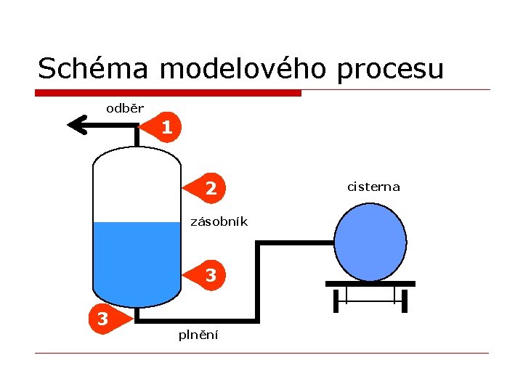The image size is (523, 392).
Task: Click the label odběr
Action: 125,109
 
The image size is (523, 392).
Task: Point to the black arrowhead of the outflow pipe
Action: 76,126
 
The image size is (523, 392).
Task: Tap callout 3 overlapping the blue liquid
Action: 209,275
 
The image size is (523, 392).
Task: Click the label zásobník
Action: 219,221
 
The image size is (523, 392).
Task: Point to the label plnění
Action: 199,335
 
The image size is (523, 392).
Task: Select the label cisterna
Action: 373,187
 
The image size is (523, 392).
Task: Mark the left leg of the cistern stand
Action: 336,300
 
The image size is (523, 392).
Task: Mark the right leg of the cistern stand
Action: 405,300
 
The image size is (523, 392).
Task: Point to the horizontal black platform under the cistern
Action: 370,284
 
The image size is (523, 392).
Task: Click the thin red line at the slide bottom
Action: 261,354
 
